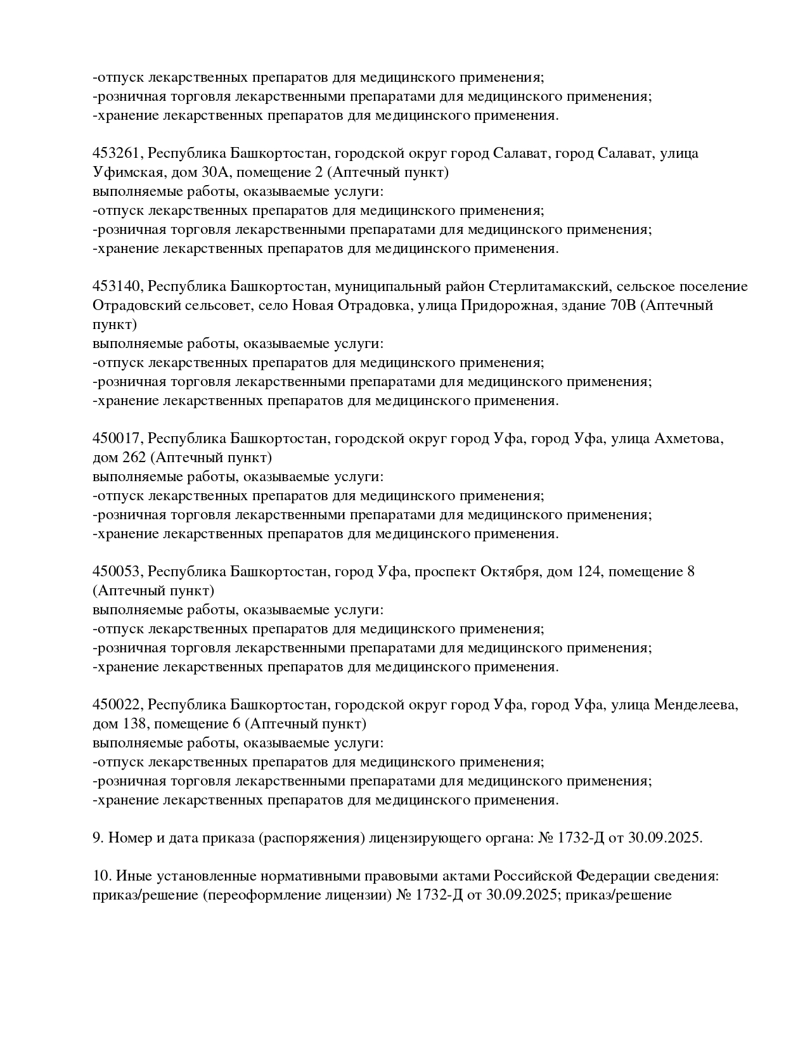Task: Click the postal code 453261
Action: pyautogui.click(x=118, y=153)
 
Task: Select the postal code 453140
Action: pyautogui.click(x=118, y=287)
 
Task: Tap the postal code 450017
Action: pyautogui.click(x=118, y=439)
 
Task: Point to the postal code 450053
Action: pyautogui.click(x=118, y=572)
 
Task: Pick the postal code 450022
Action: pyautogui.click(x=118, y=705)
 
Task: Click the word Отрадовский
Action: pyautogui.click(x=132, y=306)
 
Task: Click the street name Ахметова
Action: pyautogui.click(x=688, y=439)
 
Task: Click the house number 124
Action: pyautogui.click(x=588, y=572)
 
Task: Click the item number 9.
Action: pyautogui.click(x=98, y=838)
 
